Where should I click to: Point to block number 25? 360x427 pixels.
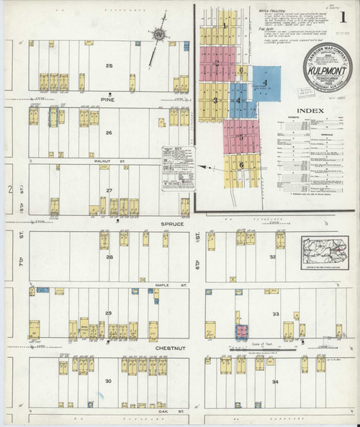click(109, 66)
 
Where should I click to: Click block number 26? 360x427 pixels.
click(109, 132)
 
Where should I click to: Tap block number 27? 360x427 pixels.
click(109, 191)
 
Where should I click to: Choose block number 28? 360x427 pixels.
click(110, 257)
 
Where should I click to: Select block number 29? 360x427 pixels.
click(109, 313)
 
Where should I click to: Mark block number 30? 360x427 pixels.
click(109, 381)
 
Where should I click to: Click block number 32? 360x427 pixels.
click(273, 257)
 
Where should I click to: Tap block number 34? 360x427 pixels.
click(274, 381)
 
